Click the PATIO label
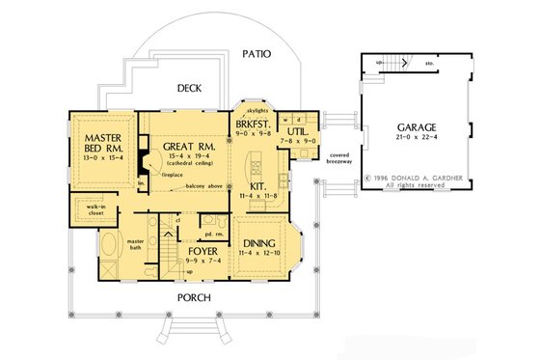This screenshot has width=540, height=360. [256, 54]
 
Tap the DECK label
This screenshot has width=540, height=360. [190, 88]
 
